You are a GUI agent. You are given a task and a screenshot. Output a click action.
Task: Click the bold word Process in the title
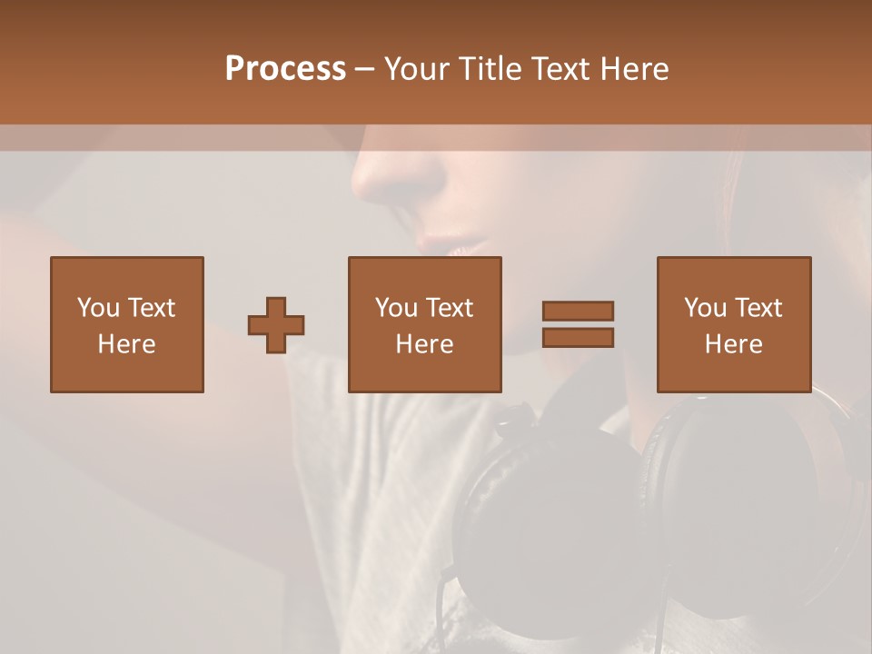285,69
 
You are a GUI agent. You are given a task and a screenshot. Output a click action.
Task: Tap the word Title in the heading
492,69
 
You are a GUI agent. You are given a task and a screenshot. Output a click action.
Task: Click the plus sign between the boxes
276,325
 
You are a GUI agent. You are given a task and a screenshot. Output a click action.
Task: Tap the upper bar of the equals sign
578,311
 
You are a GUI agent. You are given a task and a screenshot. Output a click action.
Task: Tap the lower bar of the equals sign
578,338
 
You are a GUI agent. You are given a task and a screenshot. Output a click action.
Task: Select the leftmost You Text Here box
127,324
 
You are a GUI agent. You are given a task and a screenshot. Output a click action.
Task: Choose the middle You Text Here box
425,324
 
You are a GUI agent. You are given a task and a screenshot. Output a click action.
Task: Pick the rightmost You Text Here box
734,324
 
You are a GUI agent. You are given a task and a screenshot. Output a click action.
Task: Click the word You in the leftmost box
97,308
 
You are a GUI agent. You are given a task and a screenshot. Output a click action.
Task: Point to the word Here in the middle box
425,344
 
